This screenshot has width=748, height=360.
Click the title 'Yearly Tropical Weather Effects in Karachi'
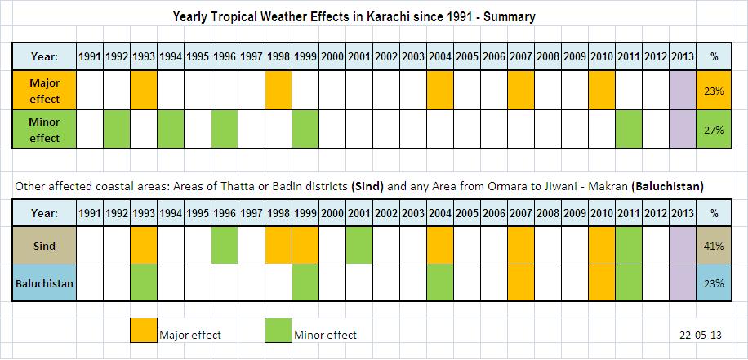coord(354,16)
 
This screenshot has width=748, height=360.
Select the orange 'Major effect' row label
coord(44,91)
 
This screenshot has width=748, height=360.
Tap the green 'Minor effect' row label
coord(44,130)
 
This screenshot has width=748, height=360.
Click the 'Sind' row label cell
coord(44,245)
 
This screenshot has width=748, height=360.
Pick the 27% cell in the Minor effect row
coord(714,130)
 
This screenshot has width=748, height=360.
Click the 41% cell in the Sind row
coord(714,245)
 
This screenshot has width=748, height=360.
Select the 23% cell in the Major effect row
coord(714,91)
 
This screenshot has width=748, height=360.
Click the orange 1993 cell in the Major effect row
coord(143,91)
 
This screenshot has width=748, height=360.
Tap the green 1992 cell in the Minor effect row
coord(116,130)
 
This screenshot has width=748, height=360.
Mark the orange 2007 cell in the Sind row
coord(520,245)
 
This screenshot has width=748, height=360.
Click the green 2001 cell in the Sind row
coord(358,245)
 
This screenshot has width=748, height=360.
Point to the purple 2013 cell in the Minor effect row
coord(682,130)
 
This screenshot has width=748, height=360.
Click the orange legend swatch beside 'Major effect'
coord(143,331)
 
